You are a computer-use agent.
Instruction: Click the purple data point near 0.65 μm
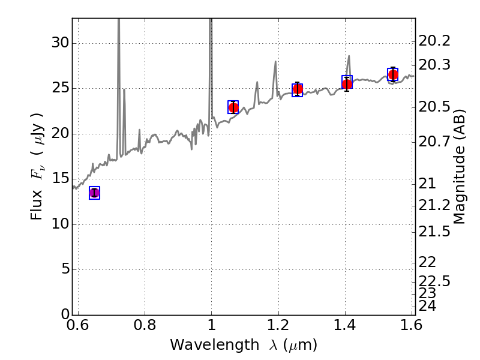94,193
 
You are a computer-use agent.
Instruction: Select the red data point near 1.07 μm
233,107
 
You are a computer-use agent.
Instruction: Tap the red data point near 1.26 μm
298,89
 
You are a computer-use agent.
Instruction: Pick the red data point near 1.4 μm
347,84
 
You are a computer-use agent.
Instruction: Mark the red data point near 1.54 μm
393,74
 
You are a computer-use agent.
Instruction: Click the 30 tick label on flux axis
60,43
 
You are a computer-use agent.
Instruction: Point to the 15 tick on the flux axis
60,178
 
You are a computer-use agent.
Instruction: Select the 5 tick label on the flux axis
65,269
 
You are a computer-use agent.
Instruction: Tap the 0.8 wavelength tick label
145,325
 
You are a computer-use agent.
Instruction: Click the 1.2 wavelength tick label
278,325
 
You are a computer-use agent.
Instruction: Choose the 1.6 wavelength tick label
411,325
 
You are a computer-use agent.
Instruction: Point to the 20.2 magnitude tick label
434,41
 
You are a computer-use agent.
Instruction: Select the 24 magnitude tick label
427,305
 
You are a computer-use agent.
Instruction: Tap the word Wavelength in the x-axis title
215,344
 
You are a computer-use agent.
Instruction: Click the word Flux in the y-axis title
36,205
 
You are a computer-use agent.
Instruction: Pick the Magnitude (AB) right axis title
459,167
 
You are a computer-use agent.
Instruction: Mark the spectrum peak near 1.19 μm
275,62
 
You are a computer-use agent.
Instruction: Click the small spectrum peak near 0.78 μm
140,130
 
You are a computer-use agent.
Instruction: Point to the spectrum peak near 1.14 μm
257,82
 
